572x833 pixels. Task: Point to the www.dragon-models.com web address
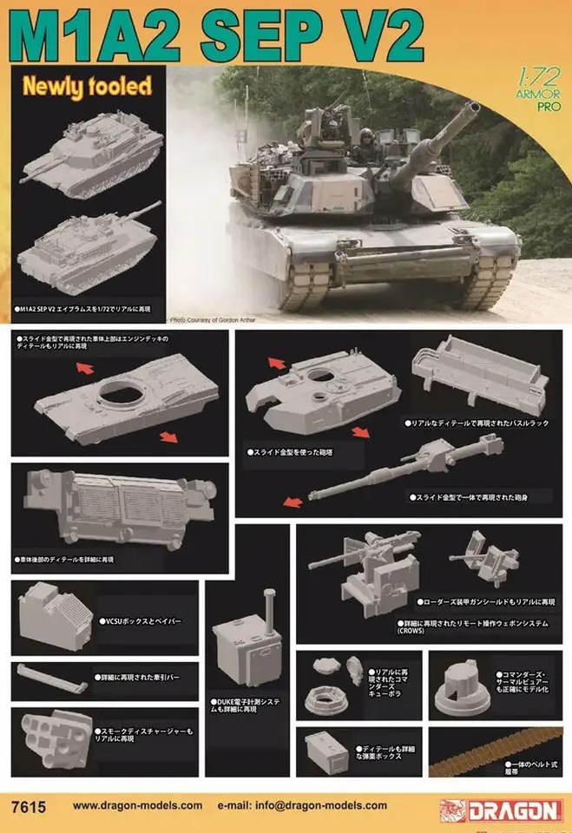click(137, 807)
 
